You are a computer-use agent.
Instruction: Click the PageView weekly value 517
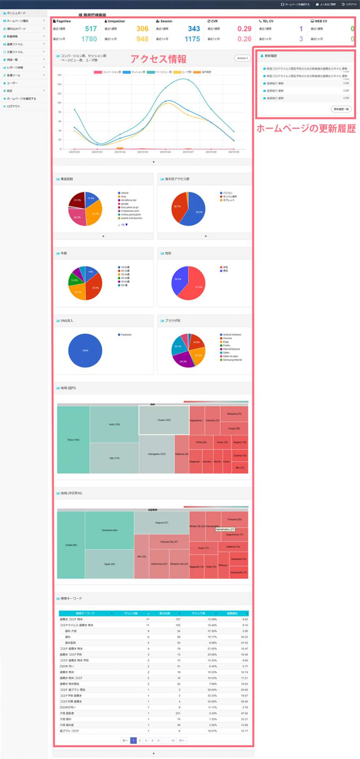tap(90, 29)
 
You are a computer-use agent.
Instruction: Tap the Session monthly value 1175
tap(192, 39)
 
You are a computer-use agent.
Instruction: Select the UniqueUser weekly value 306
tap(142, 29)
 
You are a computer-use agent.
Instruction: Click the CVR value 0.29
tap(244, 29)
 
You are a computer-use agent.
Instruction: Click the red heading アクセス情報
tap(158, 59)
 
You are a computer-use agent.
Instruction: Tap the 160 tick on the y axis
tap(59, 75)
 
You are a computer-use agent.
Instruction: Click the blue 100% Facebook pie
tap(85, 351)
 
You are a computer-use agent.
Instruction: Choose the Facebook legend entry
tap(126, 335)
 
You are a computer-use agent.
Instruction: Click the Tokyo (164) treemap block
tap(73, 440)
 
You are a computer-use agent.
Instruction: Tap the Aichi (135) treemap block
tap(114, 424)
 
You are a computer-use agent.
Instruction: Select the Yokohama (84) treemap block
tap(109, 530)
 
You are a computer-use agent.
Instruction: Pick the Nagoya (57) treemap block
tap(162, 523)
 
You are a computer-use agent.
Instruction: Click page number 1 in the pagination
tap(134, 740)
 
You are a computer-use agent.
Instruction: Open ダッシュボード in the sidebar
tap(16, 13)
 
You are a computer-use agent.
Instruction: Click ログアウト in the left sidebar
tap(13, 106)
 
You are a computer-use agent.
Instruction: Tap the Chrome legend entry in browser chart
tap(227, 338)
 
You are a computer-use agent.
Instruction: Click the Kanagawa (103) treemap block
tap(156, 454)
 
